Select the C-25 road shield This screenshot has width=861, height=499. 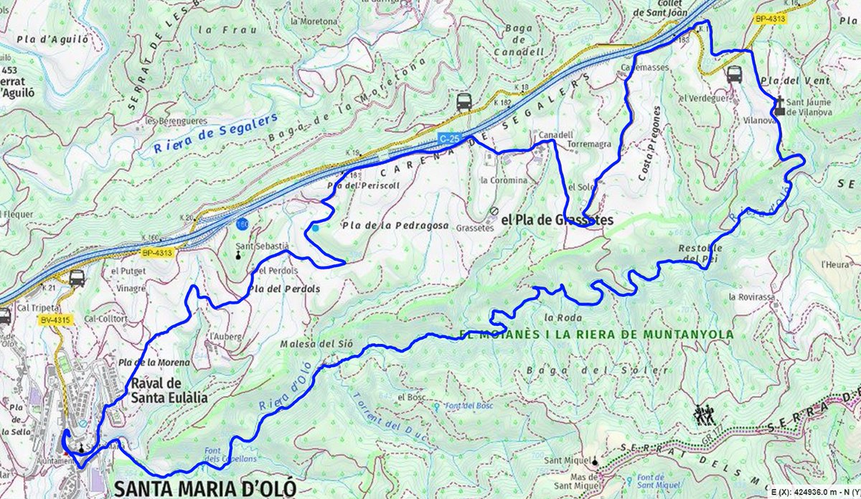[449, 137]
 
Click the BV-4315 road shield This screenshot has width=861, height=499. [50, 320]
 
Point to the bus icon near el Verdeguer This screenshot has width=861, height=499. [734, 74]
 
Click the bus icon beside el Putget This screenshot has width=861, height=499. [77, 278]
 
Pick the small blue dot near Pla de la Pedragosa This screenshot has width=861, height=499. [315, 228]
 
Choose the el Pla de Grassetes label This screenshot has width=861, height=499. [557, 221]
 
